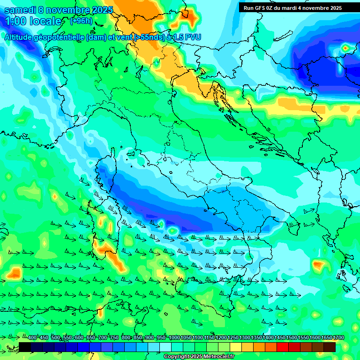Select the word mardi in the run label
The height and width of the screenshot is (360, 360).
coord(299,8)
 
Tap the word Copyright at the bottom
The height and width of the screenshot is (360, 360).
coord(177,357)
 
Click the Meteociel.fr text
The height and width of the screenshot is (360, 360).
coord(219,357)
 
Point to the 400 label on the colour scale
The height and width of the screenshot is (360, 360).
coord(32,338)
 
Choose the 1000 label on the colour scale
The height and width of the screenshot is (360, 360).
coord(174,338)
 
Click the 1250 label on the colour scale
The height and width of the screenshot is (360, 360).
coord(233,338)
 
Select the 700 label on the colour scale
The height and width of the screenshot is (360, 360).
coord(103,338)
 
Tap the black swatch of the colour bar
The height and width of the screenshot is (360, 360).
coord(25,347)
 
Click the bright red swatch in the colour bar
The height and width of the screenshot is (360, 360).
coord(283,347)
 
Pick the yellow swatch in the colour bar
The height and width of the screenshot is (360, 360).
coord(236,347)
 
